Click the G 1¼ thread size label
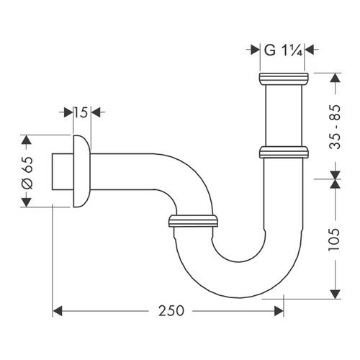(x=282, y=50)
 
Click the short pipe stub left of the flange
(x=62, y=171)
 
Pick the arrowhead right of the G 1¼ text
(x=310, y=50)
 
